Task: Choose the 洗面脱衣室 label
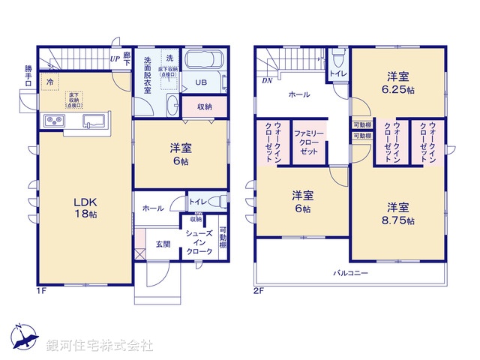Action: (148, 75)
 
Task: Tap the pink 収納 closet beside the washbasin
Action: (204, 106)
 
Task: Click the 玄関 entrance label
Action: (163, 244)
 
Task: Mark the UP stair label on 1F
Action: (115, 58)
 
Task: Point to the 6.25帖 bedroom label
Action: (398, 82)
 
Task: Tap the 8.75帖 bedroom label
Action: (398, 214)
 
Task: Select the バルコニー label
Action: (350, 273)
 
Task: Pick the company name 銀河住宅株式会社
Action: (100, 346)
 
